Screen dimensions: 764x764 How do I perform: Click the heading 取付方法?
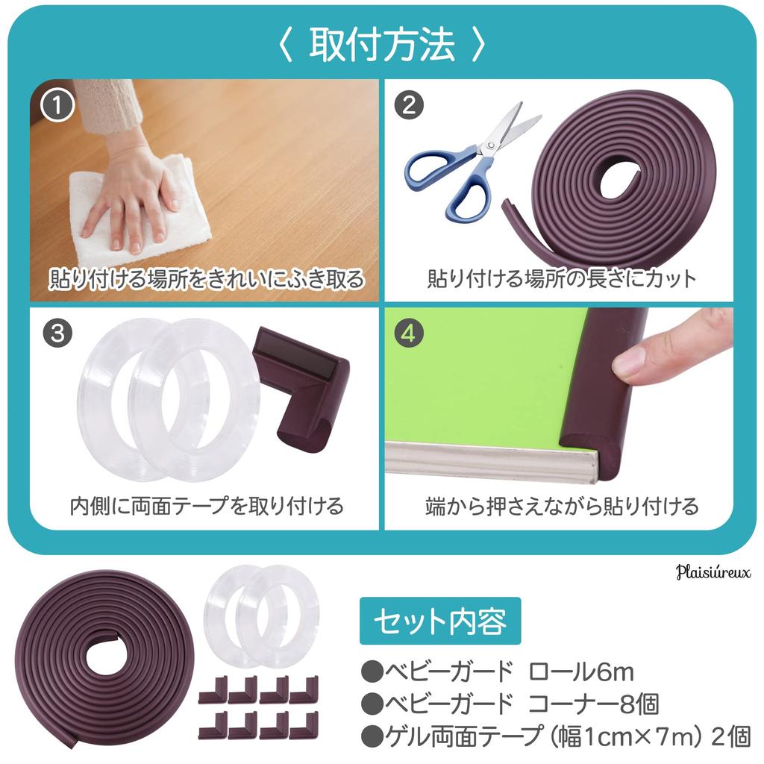(381, 46)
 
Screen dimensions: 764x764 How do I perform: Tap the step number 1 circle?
(57, 105)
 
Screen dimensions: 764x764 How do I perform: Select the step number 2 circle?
(407, 105)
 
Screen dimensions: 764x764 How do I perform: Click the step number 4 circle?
(407, 333)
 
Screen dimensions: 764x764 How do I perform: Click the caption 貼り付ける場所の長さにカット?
(561, 279)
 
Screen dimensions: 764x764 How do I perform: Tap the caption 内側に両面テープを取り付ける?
(207, 506)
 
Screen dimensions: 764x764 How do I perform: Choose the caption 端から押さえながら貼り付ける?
(561, 506)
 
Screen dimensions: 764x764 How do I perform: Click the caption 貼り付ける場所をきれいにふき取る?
(207, 279)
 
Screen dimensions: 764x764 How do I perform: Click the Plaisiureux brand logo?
(713, 572)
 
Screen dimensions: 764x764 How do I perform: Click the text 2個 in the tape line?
(730, 736)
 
